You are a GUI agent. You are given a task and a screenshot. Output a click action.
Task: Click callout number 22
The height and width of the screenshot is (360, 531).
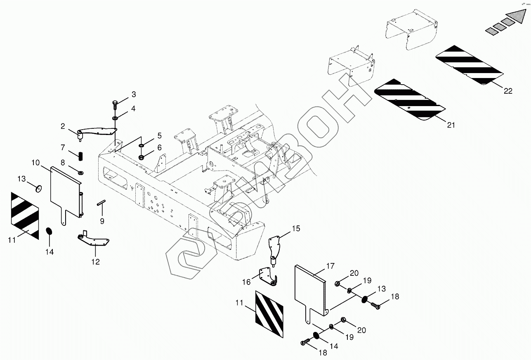click(508, 91)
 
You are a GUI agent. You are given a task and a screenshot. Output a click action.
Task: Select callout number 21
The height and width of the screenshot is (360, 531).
click(451, 125)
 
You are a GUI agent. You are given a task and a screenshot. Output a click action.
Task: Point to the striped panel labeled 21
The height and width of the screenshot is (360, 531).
click(410, 101)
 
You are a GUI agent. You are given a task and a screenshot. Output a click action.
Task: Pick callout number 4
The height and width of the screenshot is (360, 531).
click(133, 109)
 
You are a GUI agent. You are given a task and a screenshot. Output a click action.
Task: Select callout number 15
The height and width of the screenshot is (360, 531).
click(296, 228)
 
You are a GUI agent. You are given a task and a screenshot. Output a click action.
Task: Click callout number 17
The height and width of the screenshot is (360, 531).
click(330, 266)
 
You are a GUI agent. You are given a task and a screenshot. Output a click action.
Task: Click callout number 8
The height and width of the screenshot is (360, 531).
click(63, 162)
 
